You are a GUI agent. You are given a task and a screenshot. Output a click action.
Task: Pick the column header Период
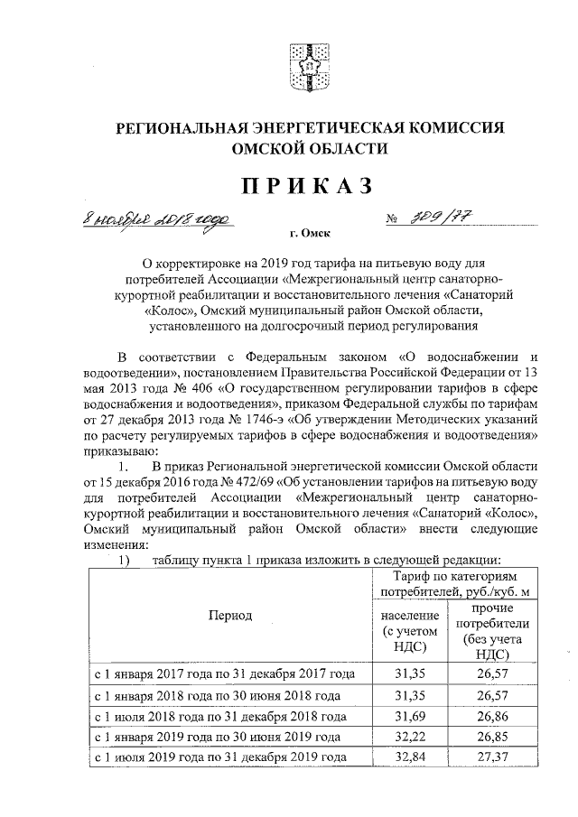pyautogui.click(x=230, y=616)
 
